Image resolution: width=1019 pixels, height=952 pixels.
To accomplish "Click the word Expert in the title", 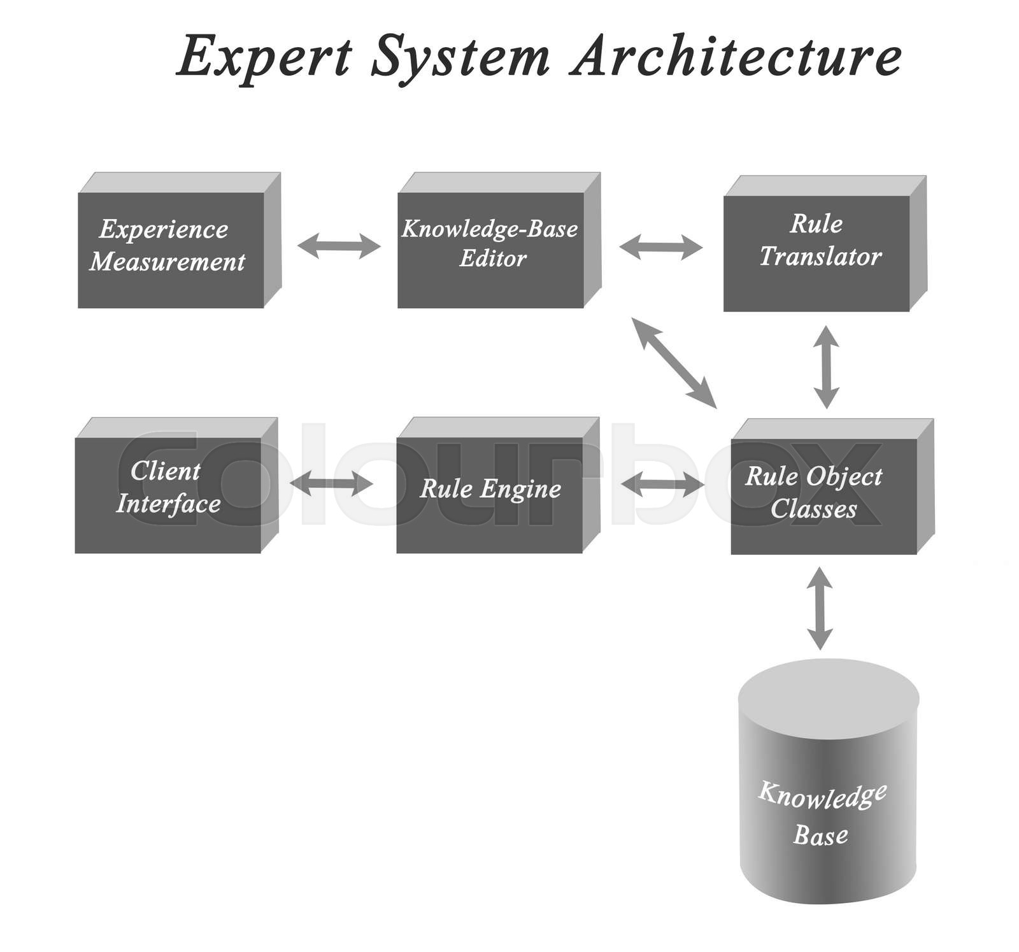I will [264, 57].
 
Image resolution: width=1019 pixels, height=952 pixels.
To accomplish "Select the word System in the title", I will [460, 57].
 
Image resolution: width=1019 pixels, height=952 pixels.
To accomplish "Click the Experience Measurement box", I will [171, 250].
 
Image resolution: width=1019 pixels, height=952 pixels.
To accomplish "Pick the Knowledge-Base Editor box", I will [490, 250].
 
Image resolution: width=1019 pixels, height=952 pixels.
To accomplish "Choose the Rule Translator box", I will [816, 253].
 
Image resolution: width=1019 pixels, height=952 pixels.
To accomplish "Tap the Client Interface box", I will [168, 495].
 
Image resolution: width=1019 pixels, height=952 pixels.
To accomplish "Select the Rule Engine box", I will [489, 495].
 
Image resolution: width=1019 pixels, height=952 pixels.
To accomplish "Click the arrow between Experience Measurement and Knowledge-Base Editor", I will [339, 246].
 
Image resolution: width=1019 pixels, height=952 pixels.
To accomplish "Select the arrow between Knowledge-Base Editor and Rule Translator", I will [660, 246].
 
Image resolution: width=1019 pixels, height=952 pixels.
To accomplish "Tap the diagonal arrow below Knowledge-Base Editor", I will [674, 362].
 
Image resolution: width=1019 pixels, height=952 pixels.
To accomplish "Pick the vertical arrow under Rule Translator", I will [827, 367].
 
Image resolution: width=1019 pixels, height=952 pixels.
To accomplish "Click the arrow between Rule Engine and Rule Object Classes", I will [662, 485].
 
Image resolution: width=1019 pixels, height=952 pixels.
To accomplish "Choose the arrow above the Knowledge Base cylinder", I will [820, 607].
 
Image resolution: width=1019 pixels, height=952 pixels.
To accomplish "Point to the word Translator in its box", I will [820, 257].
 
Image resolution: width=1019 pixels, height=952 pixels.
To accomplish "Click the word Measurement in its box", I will [167, 262].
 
